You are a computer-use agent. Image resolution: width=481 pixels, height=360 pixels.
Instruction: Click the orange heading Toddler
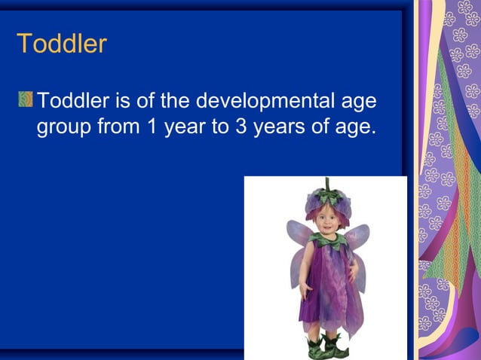pos(62,44)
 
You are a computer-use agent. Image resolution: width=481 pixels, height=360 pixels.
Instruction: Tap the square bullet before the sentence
pos(26,99)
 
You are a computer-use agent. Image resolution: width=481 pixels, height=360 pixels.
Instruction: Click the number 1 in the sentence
pos(152,126)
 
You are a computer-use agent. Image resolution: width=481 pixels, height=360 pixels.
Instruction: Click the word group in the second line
pos(65,127)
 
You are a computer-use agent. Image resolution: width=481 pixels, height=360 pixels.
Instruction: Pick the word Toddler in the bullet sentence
pos(74,100)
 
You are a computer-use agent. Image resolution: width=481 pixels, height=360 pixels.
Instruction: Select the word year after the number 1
pos(182,127)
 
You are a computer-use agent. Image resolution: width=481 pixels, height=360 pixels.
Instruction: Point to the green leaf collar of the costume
pos(329,241)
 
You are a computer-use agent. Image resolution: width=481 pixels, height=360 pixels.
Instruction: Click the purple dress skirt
pos(326,301)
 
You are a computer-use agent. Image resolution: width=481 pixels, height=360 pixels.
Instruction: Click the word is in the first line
pos(124,100)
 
